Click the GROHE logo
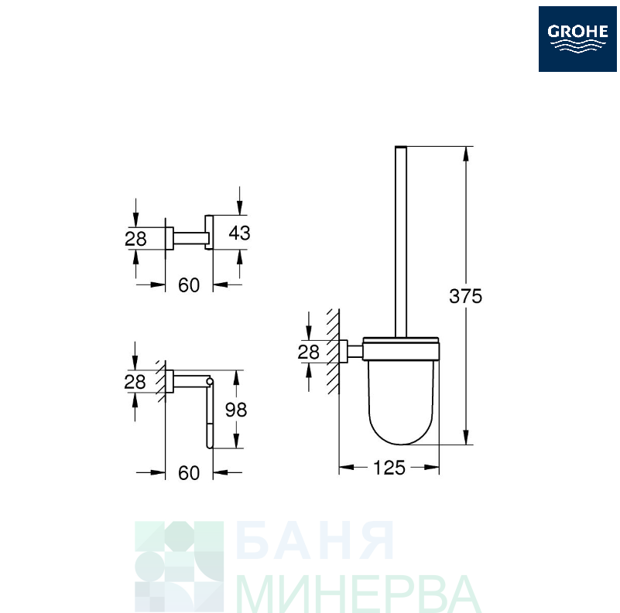577,39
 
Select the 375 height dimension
465,296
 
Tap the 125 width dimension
389,468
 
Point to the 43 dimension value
239,233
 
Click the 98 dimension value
236,410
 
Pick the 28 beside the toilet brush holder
308,352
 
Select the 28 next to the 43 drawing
135,239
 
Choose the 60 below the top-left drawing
189,285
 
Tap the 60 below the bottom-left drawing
189,473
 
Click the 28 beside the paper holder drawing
135,382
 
